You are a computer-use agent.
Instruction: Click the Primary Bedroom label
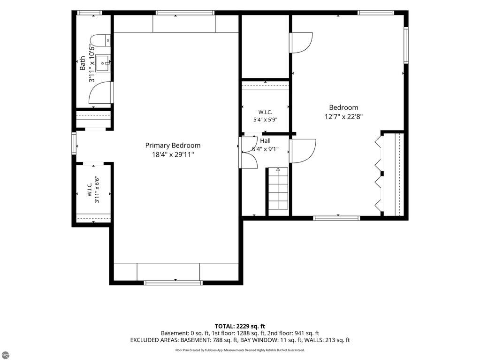tap(173, 146)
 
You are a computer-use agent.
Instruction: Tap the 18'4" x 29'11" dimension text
tap(173, 154)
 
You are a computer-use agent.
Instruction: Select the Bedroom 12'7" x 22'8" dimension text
tap(343, 116)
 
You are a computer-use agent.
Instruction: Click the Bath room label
tap(83, 63)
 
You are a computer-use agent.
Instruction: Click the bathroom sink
tap(103, 63)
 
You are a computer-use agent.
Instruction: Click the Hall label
tap(265, 141)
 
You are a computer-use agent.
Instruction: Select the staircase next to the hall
tap(278, 188)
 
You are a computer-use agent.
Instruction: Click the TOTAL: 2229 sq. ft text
tap(240, 326)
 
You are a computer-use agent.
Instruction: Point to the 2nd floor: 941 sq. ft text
tap(293, 333)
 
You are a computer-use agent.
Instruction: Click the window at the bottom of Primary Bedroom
tap(173, 283)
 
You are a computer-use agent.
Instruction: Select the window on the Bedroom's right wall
tap(406, 46)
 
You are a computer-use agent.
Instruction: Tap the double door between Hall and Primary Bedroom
tap(248, 153)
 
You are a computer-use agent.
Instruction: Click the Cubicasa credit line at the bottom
tap(240, 350)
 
